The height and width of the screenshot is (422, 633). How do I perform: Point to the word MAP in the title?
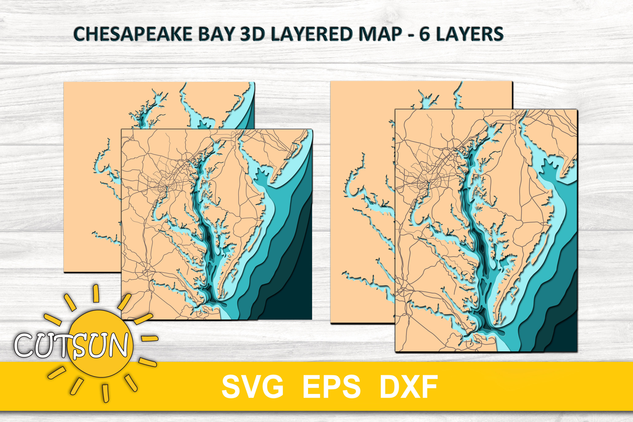[381, 34]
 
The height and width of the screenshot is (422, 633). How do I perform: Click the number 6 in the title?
[424, 34]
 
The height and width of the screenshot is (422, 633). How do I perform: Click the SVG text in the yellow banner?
[252, 387]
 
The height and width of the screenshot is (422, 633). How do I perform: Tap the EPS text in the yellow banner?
[331, 387]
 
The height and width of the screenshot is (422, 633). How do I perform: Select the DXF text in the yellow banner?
[408, 387]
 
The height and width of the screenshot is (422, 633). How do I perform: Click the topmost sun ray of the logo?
[96, 293]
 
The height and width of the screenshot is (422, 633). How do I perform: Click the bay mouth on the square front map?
[215, 303]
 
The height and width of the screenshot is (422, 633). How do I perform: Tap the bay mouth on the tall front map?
[484, 332]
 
